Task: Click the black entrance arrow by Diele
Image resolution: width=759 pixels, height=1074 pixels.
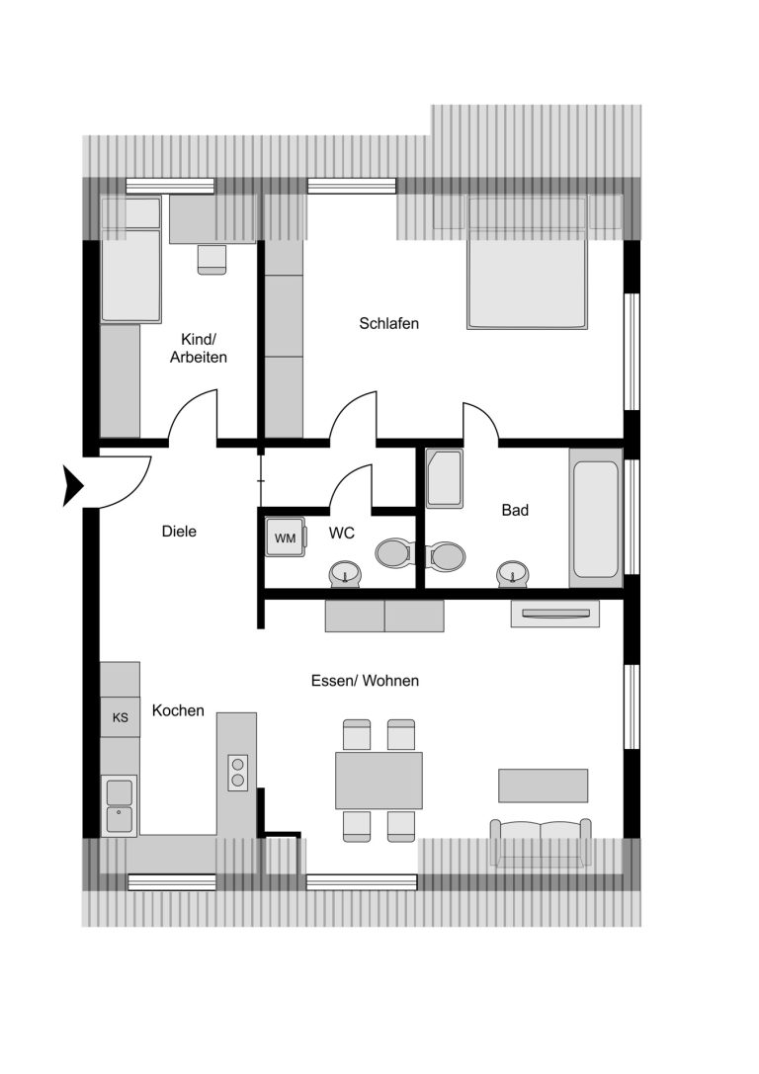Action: point(72,486)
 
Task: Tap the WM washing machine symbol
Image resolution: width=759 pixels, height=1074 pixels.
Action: point(286,537)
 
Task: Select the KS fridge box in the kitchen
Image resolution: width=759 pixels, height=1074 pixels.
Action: point(120,717)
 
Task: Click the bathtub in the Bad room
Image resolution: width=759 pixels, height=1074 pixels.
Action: point(596,519)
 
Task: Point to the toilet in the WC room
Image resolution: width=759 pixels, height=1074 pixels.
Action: point(394,552)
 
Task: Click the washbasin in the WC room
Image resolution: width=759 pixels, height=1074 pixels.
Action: point(345,574)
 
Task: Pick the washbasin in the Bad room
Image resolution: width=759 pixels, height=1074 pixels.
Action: point(513,573)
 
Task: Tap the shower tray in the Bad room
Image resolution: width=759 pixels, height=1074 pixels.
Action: point(444,478)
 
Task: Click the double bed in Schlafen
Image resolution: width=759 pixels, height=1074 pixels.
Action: point(527,263)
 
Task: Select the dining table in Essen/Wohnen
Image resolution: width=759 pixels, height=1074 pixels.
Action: point(379,781)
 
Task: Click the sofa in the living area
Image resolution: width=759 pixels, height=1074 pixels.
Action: point(541,843)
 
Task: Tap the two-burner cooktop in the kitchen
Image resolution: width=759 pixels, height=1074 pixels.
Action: point(238,772)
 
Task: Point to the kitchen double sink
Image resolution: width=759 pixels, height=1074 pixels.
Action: point(120,805)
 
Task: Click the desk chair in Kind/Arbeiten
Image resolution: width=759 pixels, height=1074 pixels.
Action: point(211,260)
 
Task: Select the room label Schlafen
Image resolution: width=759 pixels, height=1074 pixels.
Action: point(389,323)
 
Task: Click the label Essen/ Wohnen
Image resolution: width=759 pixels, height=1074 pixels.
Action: point(365,681)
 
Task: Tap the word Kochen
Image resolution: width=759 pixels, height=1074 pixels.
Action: point(178,711)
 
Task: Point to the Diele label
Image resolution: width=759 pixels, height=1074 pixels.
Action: point(179,532)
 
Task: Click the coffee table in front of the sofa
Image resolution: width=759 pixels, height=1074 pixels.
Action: point(544,785)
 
